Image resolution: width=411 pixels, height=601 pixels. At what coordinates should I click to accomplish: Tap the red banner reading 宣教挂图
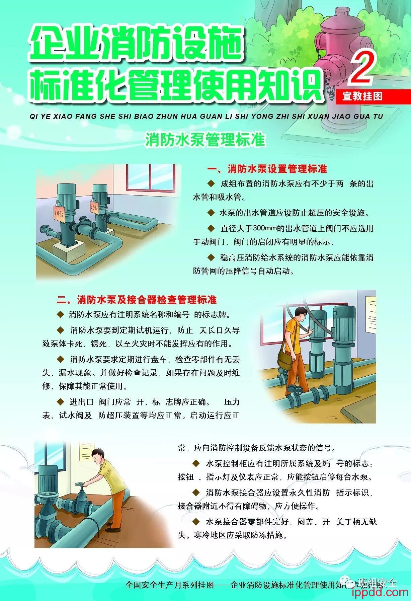(x=362, y=96)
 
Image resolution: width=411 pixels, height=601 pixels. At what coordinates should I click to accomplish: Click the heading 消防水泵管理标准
(x=205, y=140)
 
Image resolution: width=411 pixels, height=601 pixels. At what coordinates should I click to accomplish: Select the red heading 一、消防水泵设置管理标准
(x=267, y=169)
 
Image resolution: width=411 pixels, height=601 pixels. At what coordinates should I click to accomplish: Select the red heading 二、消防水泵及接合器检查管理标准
(x=137, y=299)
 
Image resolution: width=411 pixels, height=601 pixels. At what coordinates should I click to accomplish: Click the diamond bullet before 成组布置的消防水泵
(x=211, y=183)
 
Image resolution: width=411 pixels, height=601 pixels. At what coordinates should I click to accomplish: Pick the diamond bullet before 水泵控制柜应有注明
(x=196, y=463)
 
